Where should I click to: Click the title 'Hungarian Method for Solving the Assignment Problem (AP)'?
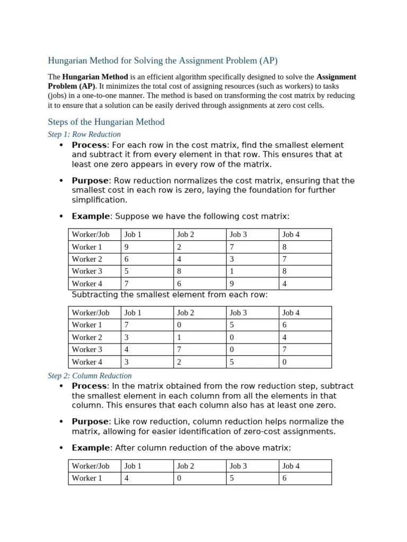163,60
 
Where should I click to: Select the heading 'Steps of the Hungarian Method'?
106,122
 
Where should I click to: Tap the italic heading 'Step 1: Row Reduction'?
84,134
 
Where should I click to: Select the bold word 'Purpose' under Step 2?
90,422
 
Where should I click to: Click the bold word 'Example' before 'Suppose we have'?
91,216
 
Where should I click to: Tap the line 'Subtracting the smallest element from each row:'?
170,295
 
